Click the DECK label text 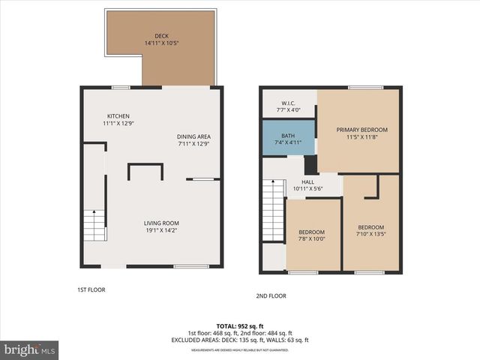click(x=161, y=35)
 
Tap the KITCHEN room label click(x=118, y=116)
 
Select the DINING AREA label click(x=193, y=136)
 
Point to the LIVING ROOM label click(x=161, y=223)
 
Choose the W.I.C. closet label click(x=287, y=103)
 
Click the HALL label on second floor click(x=307, y=181)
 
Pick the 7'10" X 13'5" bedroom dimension click(x=370, y=235)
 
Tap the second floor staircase click(x=271, y=212)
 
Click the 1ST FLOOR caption click(x=91, y=289)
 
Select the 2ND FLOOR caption click(x=271, y=295)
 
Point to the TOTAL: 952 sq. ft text click(x=239, y=326)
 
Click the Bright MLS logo click(x=30, y=349)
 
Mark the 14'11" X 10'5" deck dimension click(x=161, y=43)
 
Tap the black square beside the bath click(x=310, y=165)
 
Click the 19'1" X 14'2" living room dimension click(x=161, y=231)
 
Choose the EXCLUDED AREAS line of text click(x=239, y=340)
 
